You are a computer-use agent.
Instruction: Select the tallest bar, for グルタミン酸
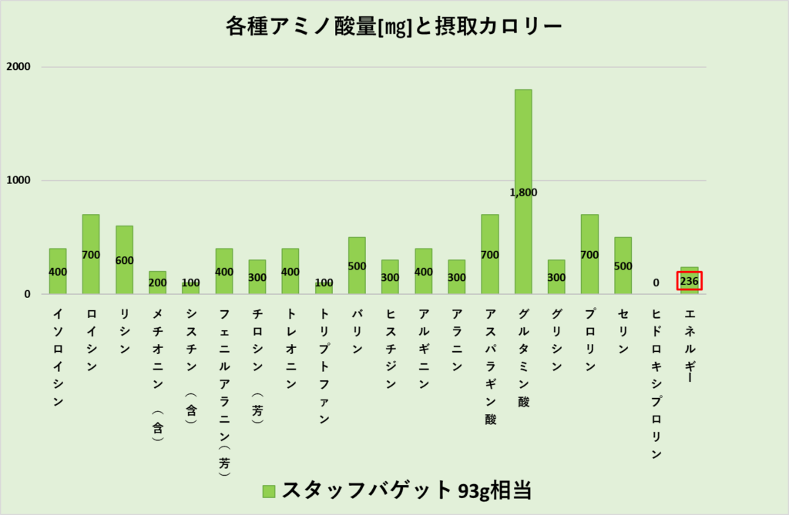click(523, 154)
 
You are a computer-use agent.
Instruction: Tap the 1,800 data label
click(523, 192)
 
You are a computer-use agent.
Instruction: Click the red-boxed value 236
click(690, 282)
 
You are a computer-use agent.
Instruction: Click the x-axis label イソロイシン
click(58, 358)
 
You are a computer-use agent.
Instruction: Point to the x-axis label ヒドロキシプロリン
click(656, 383)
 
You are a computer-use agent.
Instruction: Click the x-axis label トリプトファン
click(324, 366)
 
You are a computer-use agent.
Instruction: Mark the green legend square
click(268, 491)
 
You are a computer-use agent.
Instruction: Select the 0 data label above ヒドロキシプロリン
click(656, 283)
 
